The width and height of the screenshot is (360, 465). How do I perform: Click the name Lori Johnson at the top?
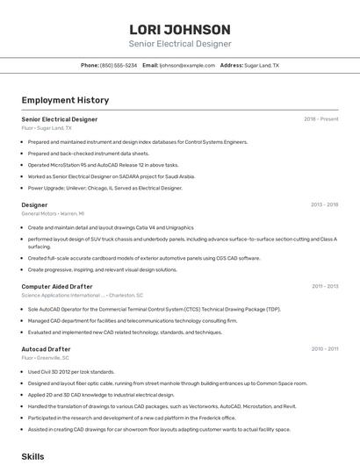180,29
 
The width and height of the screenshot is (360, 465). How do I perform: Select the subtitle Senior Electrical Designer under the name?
180,44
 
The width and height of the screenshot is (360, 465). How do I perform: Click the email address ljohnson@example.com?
187,66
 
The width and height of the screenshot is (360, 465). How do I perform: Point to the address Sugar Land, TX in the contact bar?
262,66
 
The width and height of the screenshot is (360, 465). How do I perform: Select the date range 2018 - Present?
320,119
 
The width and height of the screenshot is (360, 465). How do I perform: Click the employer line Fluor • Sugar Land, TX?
47,128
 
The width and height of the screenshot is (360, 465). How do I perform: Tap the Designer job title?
35,204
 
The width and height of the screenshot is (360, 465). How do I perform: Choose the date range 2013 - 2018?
324,204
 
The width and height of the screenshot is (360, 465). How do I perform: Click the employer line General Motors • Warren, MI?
53,213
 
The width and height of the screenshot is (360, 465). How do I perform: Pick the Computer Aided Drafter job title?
57,286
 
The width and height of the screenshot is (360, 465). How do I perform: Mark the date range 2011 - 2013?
324,286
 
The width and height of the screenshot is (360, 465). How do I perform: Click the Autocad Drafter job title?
46,349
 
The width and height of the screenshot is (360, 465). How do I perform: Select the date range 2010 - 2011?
324,349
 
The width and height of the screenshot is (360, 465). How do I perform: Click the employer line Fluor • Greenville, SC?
46,358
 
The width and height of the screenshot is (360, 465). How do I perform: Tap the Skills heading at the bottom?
33,457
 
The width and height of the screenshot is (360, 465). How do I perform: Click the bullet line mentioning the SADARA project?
110,176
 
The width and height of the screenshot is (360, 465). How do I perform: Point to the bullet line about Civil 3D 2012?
71,371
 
